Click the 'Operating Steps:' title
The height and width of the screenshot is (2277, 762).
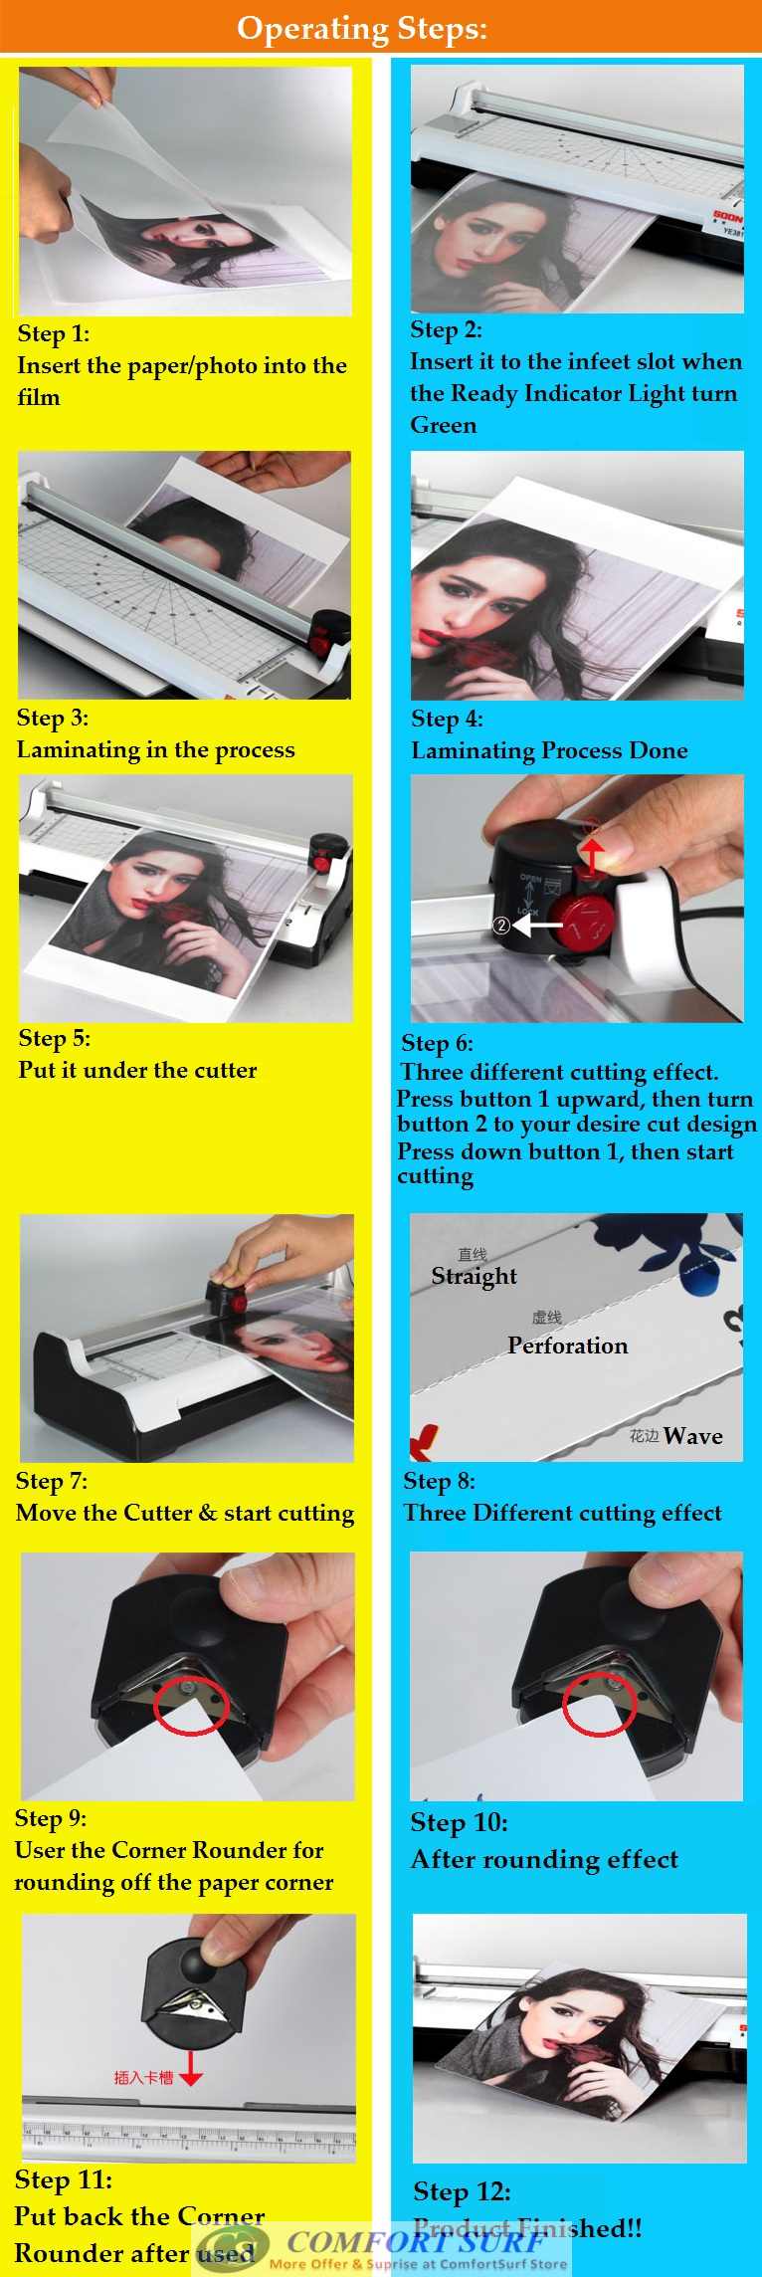pos(362,28)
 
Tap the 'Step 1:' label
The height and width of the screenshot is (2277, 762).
pos(54,333)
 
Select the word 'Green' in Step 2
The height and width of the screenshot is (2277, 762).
pos(443,425)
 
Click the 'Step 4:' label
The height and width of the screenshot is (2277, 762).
pos(447,719)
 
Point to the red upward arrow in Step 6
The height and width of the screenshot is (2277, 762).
pos(593,854)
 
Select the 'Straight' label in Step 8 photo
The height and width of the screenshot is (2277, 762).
pos(474,1276)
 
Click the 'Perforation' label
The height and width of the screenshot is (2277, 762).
pos(567,1345)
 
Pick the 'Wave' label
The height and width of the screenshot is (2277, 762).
pos(692,1435)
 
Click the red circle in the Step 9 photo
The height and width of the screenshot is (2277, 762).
pos(191,1705)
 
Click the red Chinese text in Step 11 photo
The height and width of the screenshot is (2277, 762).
pos(143,2077)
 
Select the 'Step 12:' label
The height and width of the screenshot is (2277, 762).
pos(462,2191)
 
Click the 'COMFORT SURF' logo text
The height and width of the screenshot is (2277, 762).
pos(414,2241)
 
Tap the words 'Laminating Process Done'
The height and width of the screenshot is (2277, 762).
pos(549,750)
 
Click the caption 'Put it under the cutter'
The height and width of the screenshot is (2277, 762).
pos(137,1070)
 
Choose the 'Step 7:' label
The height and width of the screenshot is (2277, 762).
pos(52,1481)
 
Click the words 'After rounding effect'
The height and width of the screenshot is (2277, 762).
pos(544,1859)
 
